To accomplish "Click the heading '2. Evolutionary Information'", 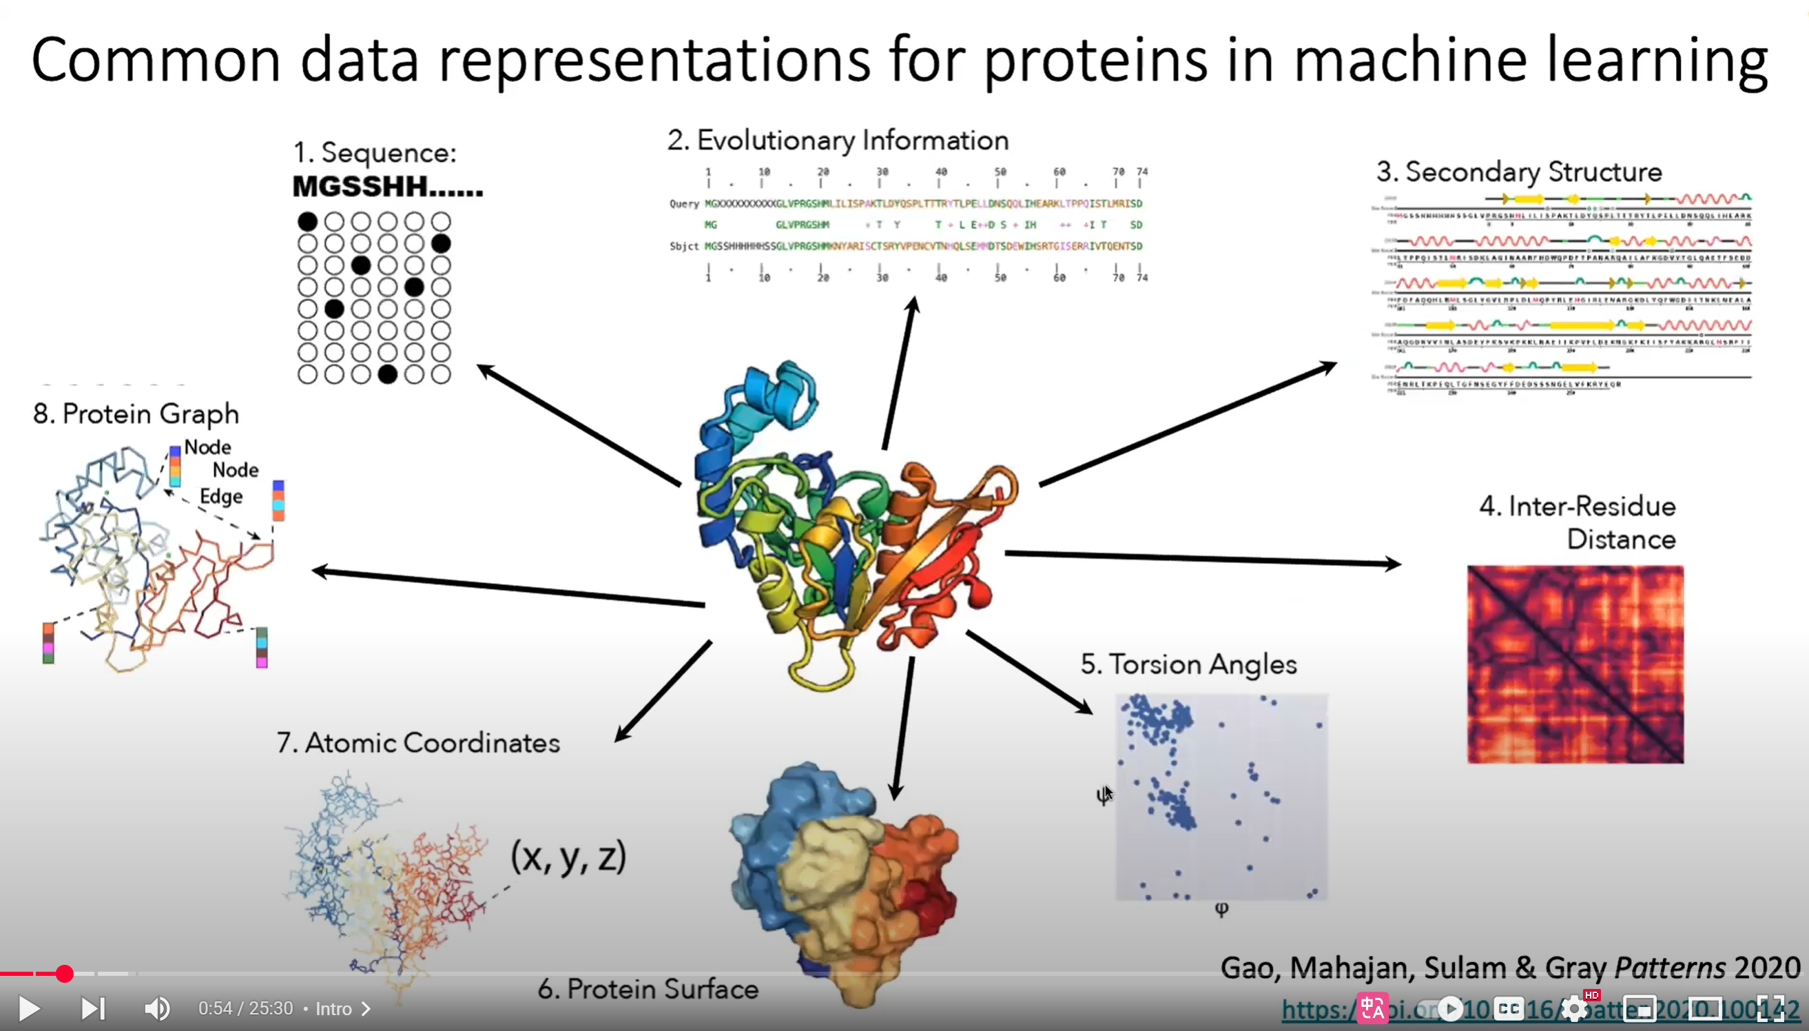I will [838, 140].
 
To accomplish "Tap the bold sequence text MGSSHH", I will [387, 186].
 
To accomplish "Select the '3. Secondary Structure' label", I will [1519, 172].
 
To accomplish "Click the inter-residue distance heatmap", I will [1575, 664].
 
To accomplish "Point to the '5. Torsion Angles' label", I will [1188, 664].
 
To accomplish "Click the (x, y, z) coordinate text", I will [568, 857].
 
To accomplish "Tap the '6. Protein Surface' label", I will [648, 988].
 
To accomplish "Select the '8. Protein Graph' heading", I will [136, 414].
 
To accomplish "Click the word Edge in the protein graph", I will [221, 496].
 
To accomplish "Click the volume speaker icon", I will [156, 1008].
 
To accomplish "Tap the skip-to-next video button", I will [93, 1008].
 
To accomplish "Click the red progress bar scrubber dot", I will [64, 974].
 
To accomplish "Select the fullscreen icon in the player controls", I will [1770, 1008].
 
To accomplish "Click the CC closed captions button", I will [1508, 1008].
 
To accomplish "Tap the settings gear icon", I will [1574, 1008].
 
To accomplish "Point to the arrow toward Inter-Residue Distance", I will [1203, 559].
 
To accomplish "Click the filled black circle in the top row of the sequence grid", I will [307, 222].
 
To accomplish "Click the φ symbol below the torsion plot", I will [1221, 909].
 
